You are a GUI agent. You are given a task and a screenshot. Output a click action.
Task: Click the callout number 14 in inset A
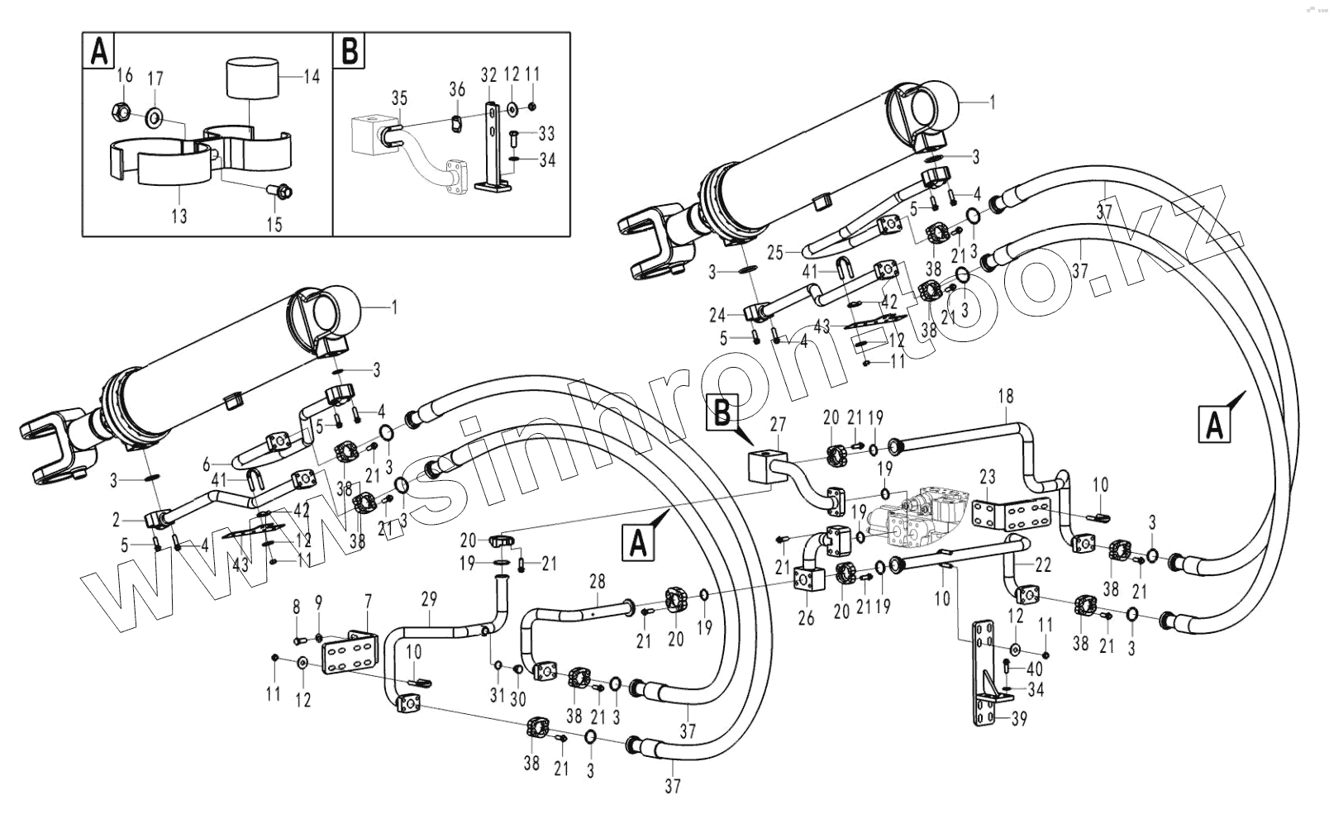[x=312, y=76]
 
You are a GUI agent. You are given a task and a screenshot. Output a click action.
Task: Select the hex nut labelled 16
[x=119, y=109]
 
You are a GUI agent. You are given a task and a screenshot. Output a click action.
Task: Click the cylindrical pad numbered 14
[x=251, y=79]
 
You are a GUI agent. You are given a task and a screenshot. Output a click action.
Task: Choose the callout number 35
[x=399, y=98]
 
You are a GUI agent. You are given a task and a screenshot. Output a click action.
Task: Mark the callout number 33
[x=546, y=133]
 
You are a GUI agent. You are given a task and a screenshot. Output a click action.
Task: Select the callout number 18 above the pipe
[x=1005, y=396]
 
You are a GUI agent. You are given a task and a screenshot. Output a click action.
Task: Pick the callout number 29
[x=428, y=599]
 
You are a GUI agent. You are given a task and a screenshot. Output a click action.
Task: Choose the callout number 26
[x=806, y=616]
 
